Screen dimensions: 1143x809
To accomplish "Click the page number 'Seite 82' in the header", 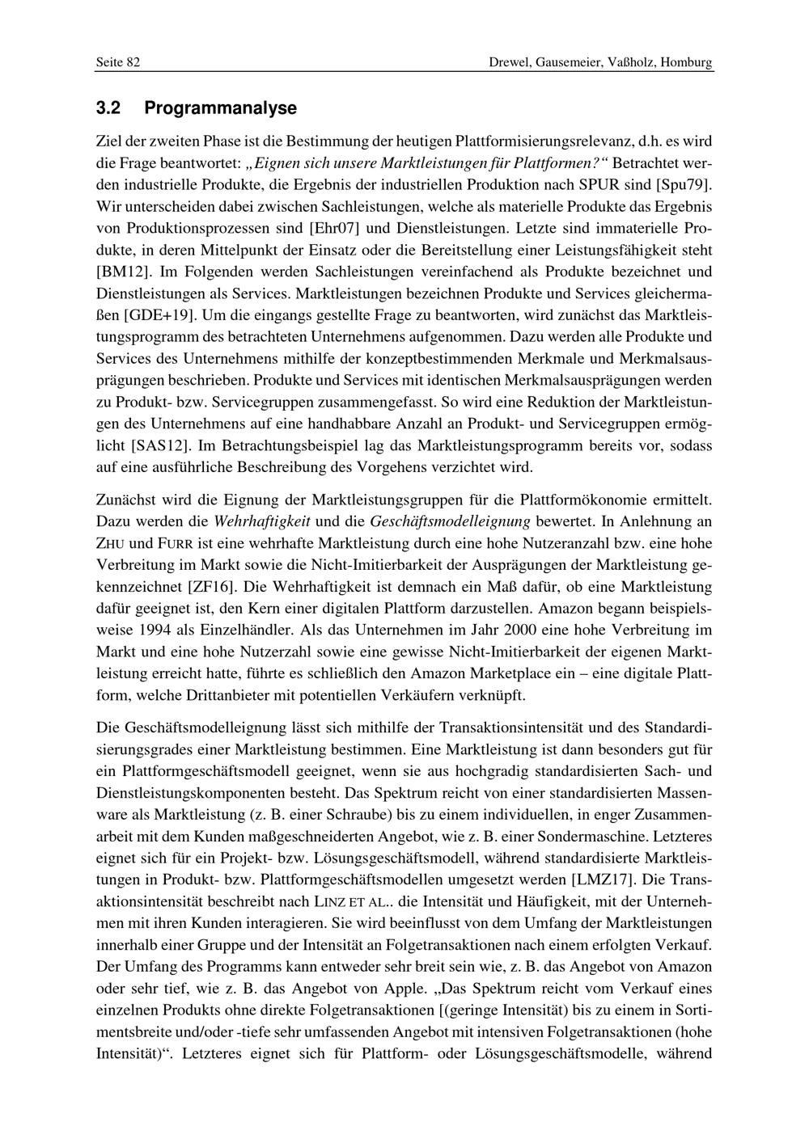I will pyautogui.click(x=118, y=62).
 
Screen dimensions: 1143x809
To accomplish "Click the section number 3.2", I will pyautogui.click(x=108, y=108).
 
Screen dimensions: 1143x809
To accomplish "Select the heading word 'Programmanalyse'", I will pyautogui.click(x=221, y=108).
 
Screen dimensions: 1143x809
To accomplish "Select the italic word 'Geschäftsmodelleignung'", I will pyautogui.click(x=451, y=520).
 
